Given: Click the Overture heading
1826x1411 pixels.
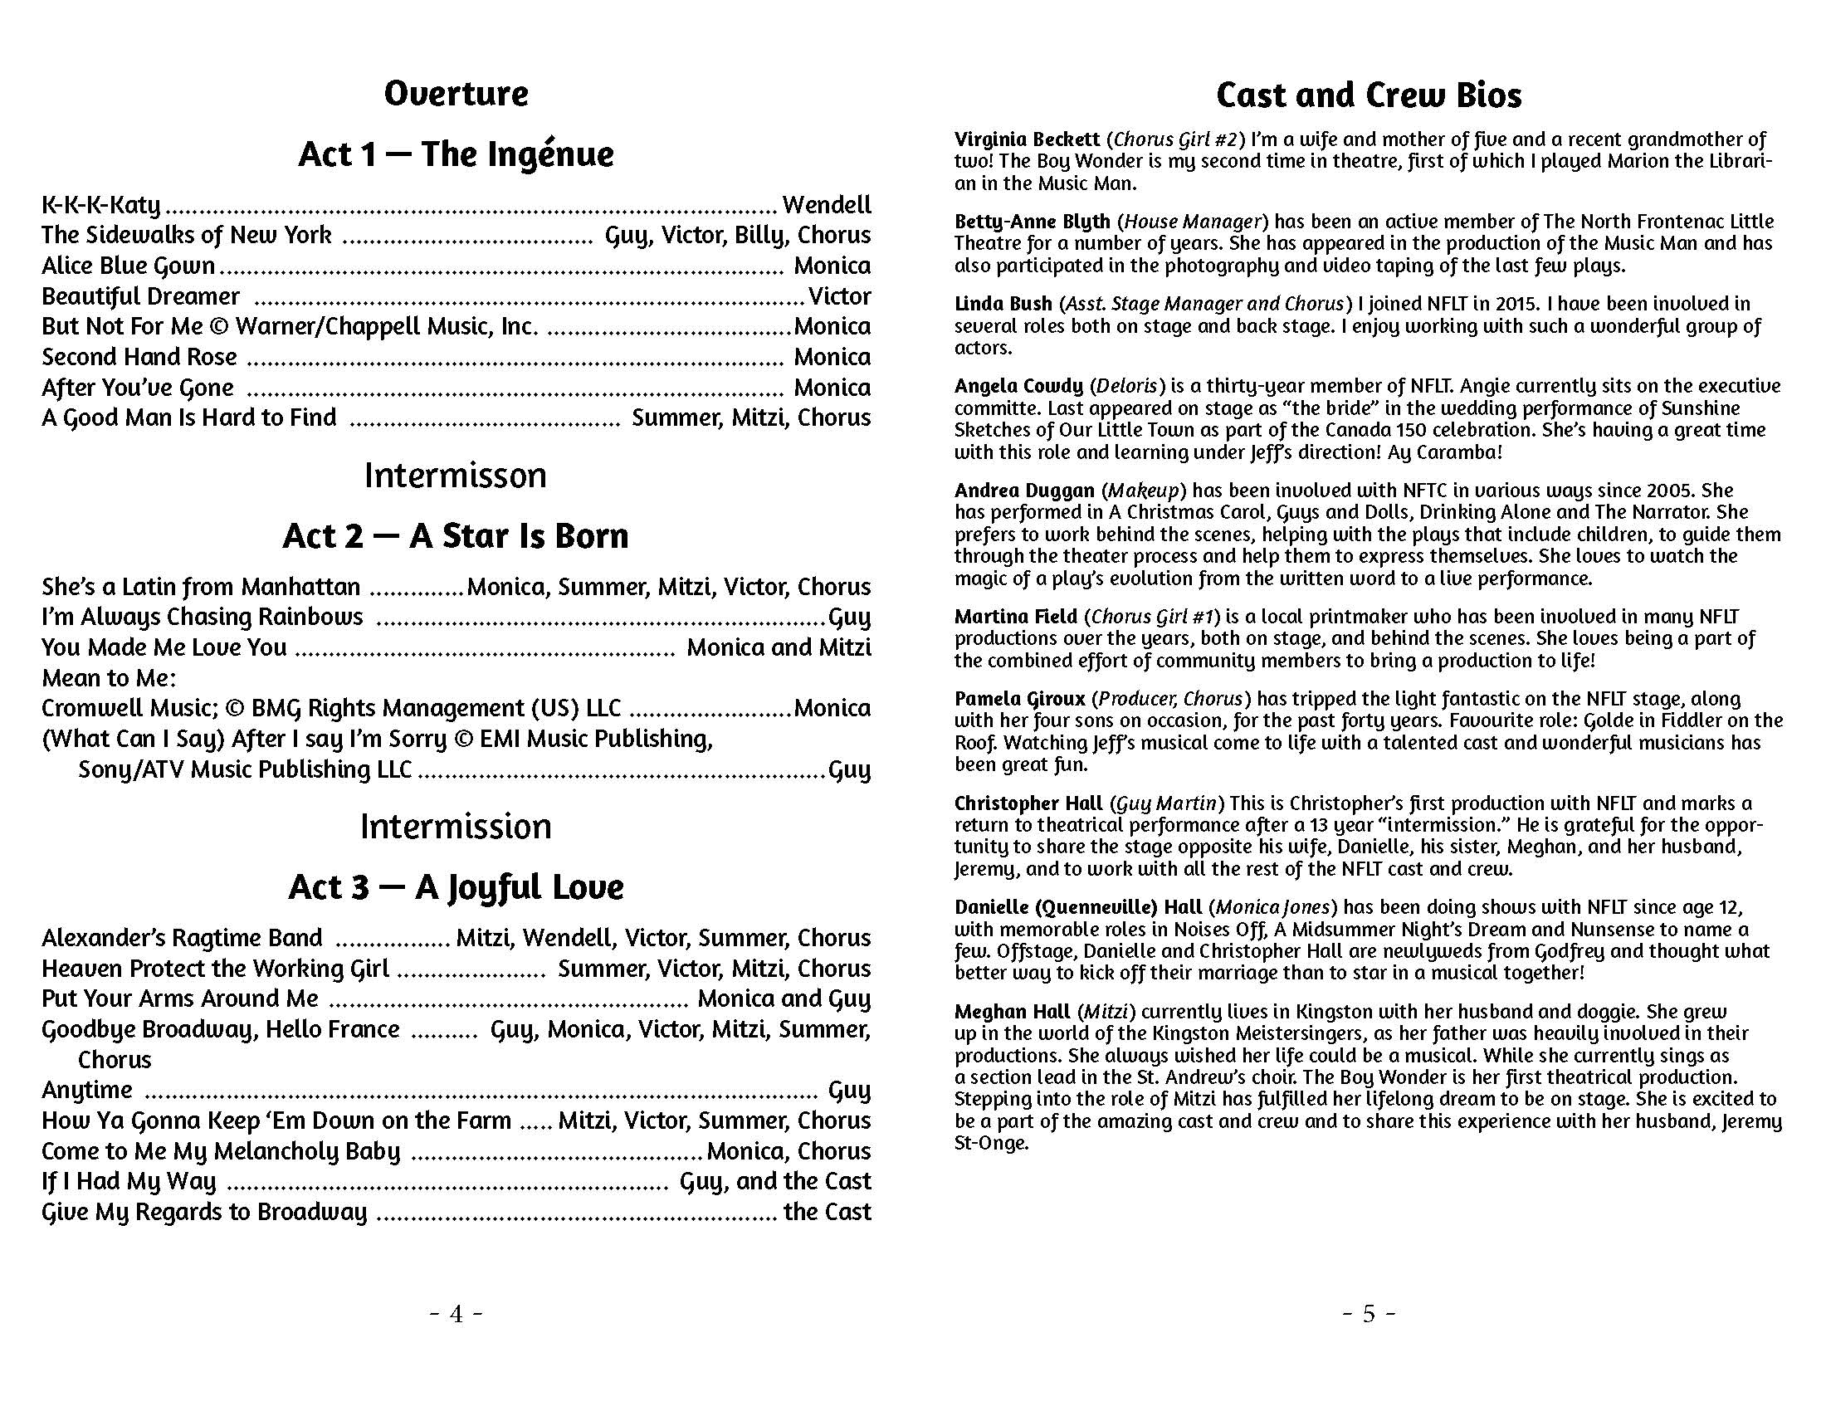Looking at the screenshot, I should [x=456, y=94].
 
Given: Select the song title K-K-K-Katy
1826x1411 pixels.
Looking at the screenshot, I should [x=101, y=205].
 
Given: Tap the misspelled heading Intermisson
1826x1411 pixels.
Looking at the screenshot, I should [x=456, y=476].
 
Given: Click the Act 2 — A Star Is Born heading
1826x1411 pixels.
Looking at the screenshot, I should [x=456, y=536].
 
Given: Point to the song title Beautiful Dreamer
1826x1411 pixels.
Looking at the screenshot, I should [x=140, y=297].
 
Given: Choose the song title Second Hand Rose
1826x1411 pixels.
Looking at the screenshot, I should [x=139, y=357].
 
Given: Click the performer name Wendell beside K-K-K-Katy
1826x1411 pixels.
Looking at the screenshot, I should [x=826, y=205].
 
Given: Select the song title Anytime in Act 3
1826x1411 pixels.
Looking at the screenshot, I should [x=87, y=1090].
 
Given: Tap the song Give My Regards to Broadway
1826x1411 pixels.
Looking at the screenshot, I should [x=204, y=1212].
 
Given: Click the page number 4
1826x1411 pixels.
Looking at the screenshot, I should [x=456, y=1314].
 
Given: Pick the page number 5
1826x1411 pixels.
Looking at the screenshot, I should [x=1369, y=1314].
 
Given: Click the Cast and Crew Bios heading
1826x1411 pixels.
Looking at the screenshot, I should [x=1369, y=95].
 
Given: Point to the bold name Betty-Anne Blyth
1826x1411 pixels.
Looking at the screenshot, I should [x=1032, y=222].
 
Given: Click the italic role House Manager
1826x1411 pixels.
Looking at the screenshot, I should [x=1192, y=222].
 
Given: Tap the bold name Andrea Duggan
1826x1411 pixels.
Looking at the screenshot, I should [x=1024, y=491].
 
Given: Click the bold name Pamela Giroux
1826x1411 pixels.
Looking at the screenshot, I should [x=1020, y=699].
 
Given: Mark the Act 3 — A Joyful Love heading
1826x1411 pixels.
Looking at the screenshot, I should [x=456, y=888].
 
